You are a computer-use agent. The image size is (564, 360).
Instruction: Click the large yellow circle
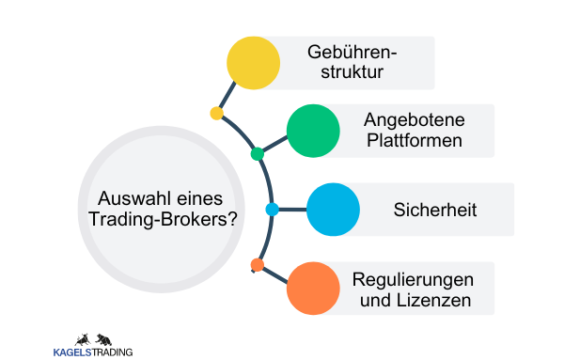pyautogui.click(x=254, y=62)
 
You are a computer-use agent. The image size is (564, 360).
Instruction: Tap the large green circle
pyautogui.click(x=313, y=130)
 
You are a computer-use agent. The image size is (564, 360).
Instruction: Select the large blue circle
pyautogui.click(x=333, y=209)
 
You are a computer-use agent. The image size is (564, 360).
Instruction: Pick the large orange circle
pyautogui.click(x=313, y=289)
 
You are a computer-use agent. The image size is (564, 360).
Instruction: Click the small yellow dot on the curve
pyautogui.click(x=217, y=114)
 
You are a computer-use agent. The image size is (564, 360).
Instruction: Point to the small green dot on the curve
pyautogui.click(x=258, y=153)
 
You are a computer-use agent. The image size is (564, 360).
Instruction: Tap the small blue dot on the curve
pyautogui.click(x=272, y=210)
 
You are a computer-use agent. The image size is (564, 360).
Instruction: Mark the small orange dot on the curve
pyautogui.click(x=258, y=265)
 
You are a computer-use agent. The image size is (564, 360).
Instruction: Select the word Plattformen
pyautogui.click(x=414, y=142)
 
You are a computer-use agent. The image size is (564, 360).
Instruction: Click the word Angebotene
pyautogui.click(x=414, y=119)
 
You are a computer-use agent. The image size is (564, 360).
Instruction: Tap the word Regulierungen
pyautogui.click(x=413, y=279)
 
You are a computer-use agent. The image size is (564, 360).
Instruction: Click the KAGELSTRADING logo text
pyautogui.click(x=93, y=352)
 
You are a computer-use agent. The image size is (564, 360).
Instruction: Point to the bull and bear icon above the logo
pyautogui.click(x=93, y=337)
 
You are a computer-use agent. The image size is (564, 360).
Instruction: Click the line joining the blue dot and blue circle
pyautogui.click(x=292, y=210)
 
